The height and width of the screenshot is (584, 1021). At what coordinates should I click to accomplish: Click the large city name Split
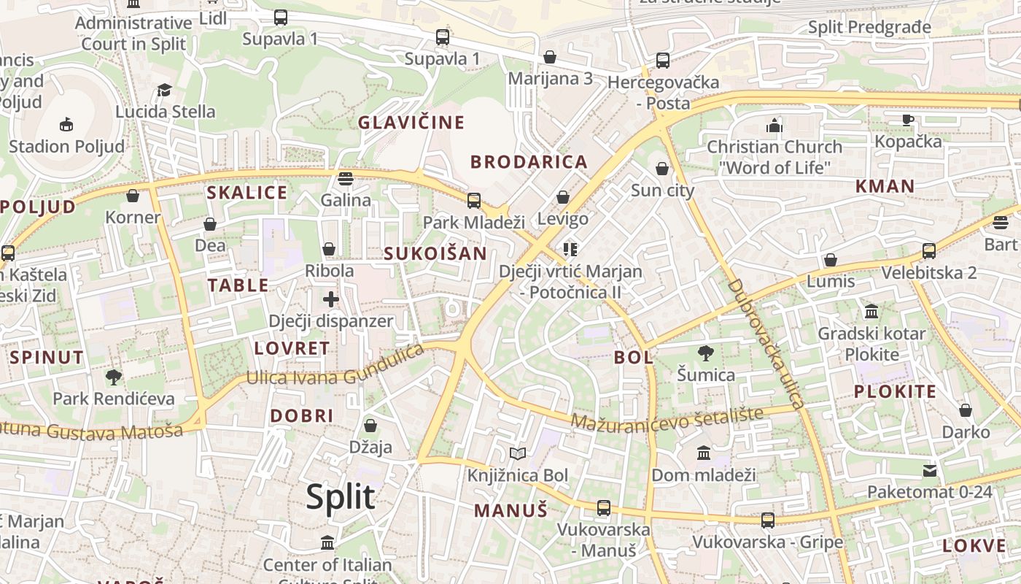coord(341,497)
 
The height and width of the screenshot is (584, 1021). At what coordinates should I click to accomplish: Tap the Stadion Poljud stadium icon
coord(66,124)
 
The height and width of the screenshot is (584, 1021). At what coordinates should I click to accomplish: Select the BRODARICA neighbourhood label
coord(529,162)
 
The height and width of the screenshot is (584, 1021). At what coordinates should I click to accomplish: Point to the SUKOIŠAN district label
coord(435,253)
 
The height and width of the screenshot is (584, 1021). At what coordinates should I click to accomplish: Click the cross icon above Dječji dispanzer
coord(331,299)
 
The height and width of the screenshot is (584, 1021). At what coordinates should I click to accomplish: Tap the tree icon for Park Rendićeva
coord(113,377)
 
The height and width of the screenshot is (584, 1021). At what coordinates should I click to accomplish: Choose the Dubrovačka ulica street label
coord(766,343)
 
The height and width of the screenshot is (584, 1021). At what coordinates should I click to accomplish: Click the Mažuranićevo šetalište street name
coord(667,418)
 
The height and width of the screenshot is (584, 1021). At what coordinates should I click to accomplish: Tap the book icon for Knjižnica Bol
coord(518,454)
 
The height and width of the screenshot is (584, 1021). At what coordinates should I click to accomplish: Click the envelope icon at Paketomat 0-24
coord(930,470)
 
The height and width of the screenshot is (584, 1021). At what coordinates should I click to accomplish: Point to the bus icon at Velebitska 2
coord(929,251)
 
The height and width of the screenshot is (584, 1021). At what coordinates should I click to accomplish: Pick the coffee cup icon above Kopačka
coord(908,120)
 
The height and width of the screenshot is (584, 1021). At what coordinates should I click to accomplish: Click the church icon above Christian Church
coord(775,126)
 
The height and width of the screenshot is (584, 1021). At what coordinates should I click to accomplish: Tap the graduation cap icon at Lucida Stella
coord(165,90)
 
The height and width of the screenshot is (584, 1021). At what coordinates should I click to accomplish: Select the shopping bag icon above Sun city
coord(662,169)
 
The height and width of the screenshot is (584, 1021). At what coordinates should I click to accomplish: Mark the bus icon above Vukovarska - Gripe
coord(768,520)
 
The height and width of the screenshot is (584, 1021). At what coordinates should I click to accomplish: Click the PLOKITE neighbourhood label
coord(895,391)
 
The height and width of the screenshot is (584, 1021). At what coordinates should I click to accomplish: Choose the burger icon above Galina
coord(346,178)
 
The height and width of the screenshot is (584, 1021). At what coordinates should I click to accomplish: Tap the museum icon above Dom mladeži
coord(704,454)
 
